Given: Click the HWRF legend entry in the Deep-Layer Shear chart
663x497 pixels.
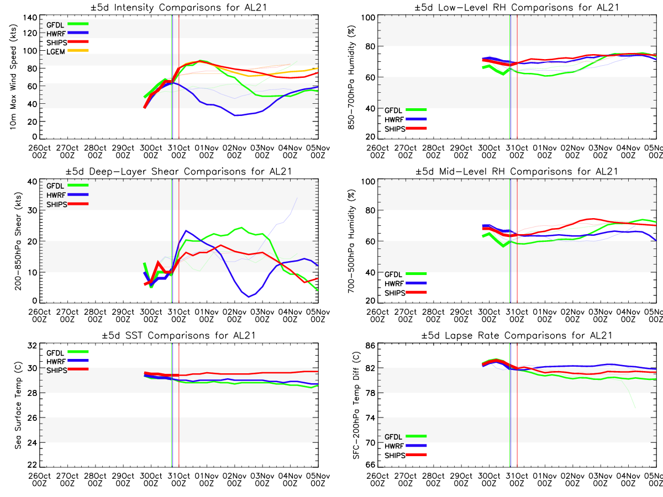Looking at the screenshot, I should point(56,195).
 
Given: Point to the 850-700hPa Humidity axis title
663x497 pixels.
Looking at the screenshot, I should point(350,78).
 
